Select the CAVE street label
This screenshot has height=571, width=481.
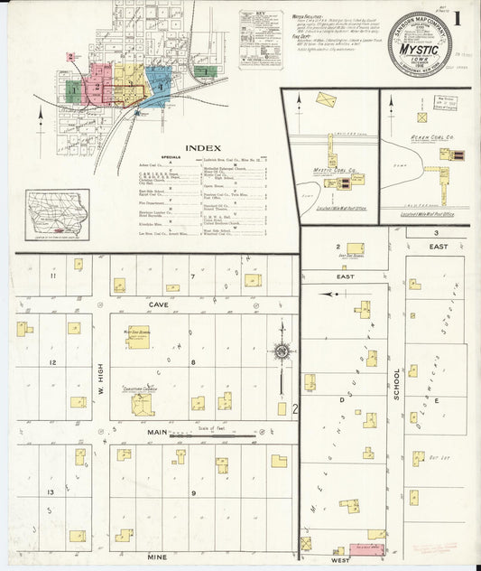pyautogui.click(x=160, y=305)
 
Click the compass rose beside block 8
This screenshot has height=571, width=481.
pyautogui.click(x=282, y=351)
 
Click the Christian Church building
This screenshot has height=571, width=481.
pyautogui.click(x=142, y=403)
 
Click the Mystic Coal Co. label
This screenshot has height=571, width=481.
pyautogui.click(x=337, y=169)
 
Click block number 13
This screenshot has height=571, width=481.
pyautogui.click(x=52, y=492)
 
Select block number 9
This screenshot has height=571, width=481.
pyautogui.click(x=192, y=492)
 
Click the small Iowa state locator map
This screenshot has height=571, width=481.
pyautogui.click(x=58, y=215)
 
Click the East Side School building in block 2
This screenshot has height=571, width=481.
pyautogui.click(x=356, y=248)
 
